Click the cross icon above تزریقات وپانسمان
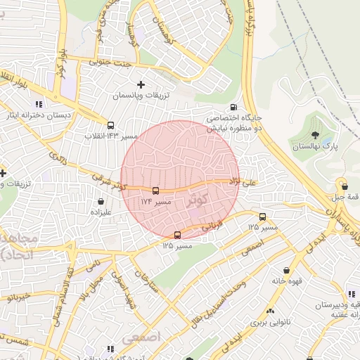[141, 84]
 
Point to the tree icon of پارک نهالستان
[314, 135]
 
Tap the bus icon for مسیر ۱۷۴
[155, 191]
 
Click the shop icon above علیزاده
[101, 201]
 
